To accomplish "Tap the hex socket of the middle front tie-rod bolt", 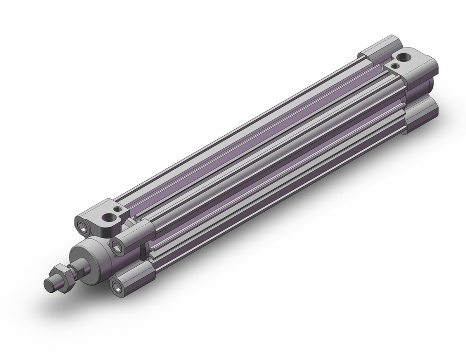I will tap(116, 244).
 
